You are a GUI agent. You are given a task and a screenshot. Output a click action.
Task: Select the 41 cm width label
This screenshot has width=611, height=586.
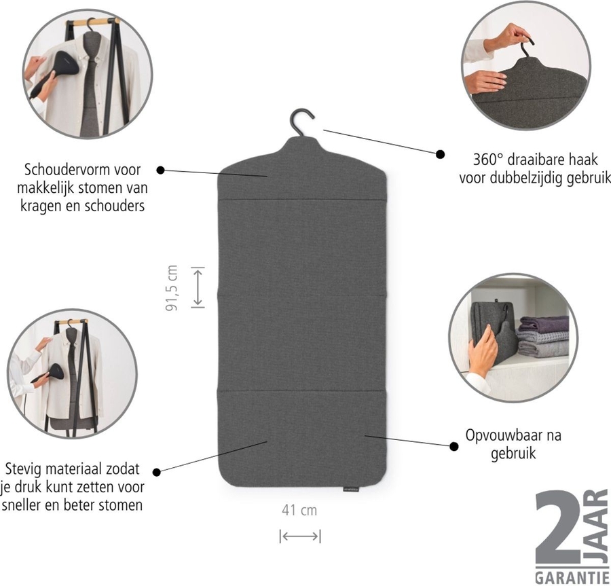[299, 510]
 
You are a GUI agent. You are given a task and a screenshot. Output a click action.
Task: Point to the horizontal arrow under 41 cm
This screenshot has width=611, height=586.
[299, 536]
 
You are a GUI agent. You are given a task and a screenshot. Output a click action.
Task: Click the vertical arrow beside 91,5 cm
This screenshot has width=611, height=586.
[198, 287]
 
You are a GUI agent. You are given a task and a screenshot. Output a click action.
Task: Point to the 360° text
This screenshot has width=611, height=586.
[487, 161]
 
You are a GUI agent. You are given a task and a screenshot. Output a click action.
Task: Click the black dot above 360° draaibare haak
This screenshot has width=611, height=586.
[440, 154]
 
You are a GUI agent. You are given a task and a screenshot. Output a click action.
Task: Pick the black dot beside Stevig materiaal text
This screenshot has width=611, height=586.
[156, 471]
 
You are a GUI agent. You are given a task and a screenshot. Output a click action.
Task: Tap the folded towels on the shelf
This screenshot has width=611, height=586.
[542, 336]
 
